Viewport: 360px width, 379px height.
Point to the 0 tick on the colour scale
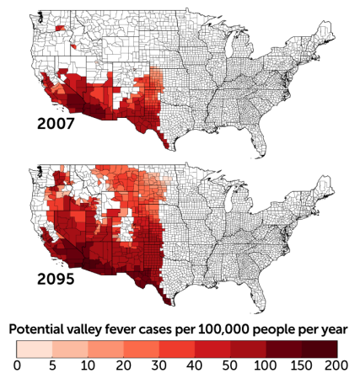click(18, 365)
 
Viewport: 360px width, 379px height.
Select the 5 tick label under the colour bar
click(53, 365)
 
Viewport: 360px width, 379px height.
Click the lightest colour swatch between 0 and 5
click(35, 348)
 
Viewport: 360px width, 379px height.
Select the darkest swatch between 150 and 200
click(320, 348)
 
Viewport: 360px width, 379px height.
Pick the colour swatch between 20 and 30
click(142, 348)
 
